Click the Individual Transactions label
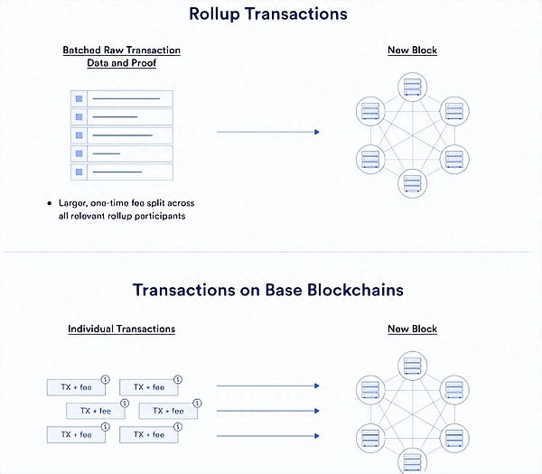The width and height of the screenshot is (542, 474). [121, 329]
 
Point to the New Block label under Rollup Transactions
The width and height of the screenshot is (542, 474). [412, 50]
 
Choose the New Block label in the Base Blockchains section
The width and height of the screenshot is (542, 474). [412, 329]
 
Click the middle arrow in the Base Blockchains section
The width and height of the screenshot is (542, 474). [268, 411]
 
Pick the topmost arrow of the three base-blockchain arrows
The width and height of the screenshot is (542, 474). [268, 386]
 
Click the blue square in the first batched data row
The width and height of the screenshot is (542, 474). [79, 98]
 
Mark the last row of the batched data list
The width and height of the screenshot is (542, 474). [121, 172]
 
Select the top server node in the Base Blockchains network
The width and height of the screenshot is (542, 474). [412, 365]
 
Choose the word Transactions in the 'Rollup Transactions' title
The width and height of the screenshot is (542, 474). [301, 14]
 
